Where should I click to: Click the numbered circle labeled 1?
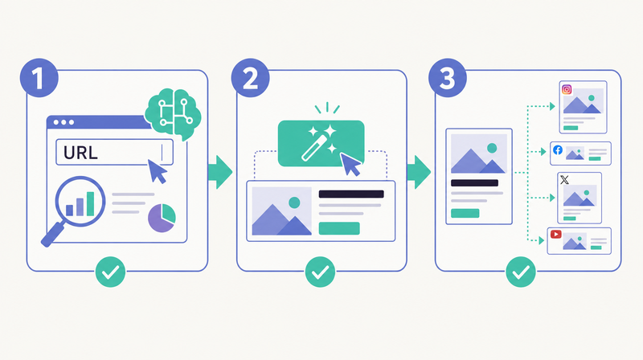39,78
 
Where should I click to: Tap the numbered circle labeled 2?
250,78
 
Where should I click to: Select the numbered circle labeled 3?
448,78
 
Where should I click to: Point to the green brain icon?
173,112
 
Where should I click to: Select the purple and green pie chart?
162,218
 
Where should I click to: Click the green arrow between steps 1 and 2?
220,172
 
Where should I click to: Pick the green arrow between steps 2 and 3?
419,172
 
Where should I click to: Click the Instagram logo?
567,89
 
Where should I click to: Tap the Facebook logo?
558,150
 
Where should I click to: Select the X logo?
565,180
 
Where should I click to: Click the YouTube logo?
555,234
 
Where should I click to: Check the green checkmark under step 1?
110,272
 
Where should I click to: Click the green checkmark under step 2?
320,272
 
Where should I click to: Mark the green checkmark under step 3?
521,272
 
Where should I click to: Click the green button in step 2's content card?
339,228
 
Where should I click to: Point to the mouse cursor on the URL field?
156,170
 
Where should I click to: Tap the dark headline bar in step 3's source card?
474,183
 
